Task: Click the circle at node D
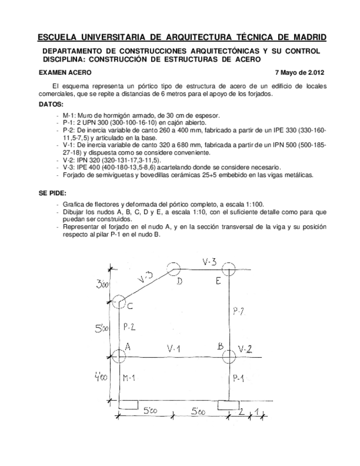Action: coord(174,269)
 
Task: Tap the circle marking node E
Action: coord(229,270)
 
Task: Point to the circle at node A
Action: coord(119,356)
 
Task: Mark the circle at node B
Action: coord(229,356)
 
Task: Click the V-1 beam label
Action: coord(174,349)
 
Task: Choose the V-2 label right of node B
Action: coord(245,348)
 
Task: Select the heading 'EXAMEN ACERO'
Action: coord(65,73)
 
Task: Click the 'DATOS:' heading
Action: coord(51,104)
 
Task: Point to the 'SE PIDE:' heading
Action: coord(53,194)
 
